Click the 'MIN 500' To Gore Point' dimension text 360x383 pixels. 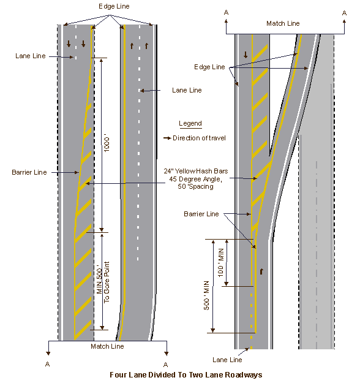click(103, 282)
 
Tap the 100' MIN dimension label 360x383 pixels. click(220, 262)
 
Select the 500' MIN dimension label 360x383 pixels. click(206, 295)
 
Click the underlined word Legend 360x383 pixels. click(190, 123)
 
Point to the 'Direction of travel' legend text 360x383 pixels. click(199, 138)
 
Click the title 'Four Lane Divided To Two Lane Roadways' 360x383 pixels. click(186, 375)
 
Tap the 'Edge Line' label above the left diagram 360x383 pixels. click(114, 7)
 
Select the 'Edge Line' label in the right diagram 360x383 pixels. click(209, 67)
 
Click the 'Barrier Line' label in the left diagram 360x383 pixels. click(29, 172)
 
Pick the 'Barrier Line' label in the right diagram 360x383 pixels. click(201, 214)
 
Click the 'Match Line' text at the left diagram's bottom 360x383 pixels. click(107, 346)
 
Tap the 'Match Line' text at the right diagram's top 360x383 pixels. click(283, 23)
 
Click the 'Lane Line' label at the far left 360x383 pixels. click(31, 56)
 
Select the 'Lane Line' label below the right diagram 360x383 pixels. click(227, 360)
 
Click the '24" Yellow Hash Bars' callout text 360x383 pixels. click(196, 171)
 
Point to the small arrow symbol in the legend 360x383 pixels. click(167, 138)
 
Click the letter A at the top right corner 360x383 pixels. click(344, 13)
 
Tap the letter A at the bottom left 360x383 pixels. click(48, 364)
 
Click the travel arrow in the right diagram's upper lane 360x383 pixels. click(246, 55)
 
